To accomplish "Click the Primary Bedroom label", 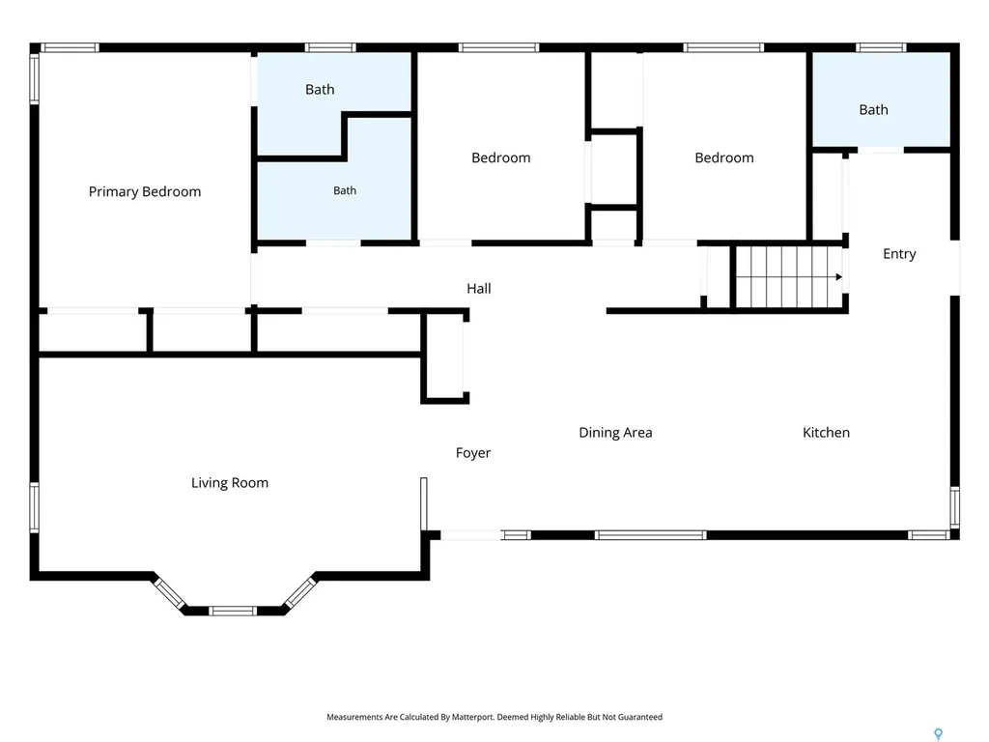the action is click(145, 192).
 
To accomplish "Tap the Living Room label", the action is click(230, 483).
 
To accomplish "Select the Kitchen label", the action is click(826, 433).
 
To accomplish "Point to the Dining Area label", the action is click(615, 433).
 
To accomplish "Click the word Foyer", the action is click(473, 453).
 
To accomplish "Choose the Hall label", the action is click(479, 289).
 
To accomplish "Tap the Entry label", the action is click(899, 254).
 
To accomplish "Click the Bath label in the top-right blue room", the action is click(873, 110).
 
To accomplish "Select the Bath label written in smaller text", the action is click(345, 190).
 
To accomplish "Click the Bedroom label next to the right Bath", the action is click(724, 157).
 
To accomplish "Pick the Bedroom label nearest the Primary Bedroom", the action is click(501, 157).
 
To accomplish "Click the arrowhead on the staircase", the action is click(839, 277).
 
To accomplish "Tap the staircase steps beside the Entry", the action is click(789, 277).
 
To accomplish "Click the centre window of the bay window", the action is click(233, 611).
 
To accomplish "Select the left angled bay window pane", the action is click(169, 593).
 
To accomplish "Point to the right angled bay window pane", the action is click(299, 593).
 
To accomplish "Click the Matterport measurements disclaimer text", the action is click(494, 717).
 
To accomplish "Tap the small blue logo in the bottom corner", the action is click(939, 734).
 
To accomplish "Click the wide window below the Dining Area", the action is click(650, 535).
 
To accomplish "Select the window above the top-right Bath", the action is click(881, 48).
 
